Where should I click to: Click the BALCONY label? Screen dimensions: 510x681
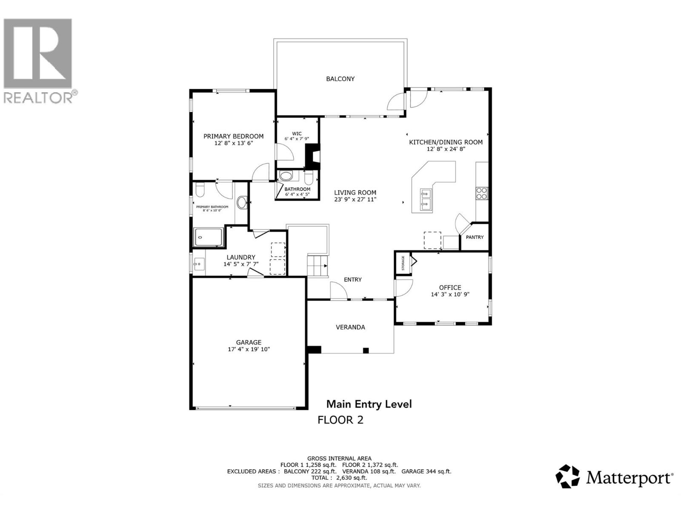click(340, 79)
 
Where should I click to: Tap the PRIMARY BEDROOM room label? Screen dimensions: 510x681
click(233, 136)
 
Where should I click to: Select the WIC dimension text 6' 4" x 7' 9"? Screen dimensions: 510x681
click(297, 139)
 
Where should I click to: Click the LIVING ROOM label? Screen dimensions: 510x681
click(355, 193)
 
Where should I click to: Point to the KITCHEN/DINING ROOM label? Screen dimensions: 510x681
click(446, 142)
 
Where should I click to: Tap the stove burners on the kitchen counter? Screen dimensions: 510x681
click(482, 193)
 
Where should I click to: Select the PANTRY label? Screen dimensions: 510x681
click(475, 237)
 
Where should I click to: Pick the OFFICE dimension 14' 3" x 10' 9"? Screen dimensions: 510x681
click(450, 294)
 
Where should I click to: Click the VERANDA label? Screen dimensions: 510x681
click(350, 327)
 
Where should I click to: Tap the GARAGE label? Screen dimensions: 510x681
click(249, 342)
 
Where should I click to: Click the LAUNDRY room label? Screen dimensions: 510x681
click(241, 257)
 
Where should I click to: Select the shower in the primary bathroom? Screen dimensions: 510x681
click(209, 237)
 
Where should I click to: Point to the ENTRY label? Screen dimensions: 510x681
click(352, 280)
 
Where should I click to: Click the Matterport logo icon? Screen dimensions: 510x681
click(568, 476)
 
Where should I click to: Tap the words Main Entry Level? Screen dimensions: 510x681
click(369, 404)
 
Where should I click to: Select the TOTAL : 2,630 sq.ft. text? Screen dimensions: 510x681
click(339, 478)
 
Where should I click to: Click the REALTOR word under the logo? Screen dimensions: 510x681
click(38, 98)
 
